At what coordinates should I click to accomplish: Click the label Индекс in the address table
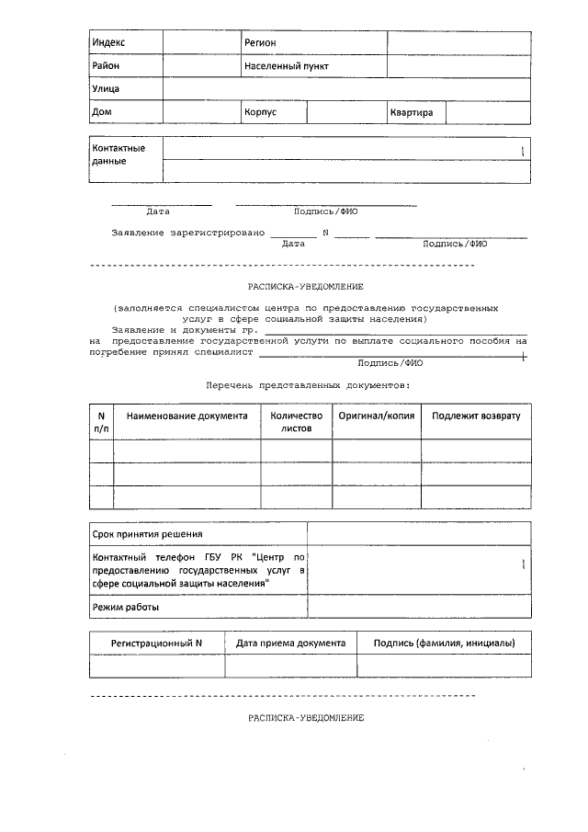[108, 43]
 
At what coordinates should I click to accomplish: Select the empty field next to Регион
[458, 43]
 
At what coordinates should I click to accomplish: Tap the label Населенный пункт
[286, 67]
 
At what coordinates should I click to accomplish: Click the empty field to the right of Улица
[346, 90]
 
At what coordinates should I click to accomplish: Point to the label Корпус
[260, 113]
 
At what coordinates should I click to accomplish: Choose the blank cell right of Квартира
[488, 113]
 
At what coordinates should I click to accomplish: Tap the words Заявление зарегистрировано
[187, 233]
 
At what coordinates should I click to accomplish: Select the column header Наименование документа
[187, 416]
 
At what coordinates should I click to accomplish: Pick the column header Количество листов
[296, 422]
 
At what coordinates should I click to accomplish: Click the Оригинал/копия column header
[377, 416]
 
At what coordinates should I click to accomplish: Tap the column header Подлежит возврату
[476, 416]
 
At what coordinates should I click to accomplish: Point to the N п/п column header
[101, 422]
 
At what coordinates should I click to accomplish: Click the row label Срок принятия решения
[147, 534]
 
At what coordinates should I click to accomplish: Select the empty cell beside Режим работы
[419, 608]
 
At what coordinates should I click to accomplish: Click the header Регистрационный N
[156, 644]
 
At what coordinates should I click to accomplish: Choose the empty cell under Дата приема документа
[291, 667]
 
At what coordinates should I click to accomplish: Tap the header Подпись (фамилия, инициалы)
[444, 644]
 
